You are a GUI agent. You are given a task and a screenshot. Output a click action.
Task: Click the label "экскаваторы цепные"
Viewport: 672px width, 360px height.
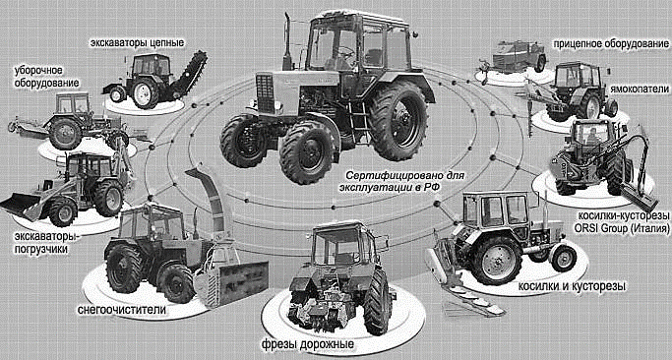tap(137, 43)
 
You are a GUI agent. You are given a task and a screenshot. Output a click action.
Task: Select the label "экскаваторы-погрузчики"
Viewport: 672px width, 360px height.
tap(41, 243)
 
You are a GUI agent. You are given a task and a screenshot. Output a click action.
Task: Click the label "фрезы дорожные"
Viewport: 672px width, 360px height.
tap(308, 345)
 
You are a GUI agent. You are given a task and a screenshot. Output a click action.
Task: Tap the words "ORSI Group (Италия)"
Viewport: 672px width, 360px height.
tap(623, 227)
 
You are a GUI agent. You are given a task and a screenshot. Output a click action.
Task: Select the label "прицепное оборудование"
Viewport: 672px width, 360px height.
tap(611, 44)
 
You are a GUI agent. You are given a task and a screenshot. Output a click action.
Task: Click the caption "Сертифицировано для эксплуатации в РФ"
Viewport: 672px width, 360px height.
tap(402, 182)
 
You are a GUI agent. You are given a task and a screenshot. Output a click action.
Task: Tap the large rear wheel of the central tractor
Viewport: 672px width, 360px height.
tap(399, 120)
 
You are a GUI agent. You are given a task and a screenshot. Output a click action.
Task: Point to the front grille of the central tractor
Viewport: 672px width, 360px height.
tap(265, 93)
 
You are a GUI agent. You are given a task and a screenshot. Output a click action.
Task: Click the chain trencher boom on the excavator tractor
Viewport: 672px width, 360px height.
tap(190, 75)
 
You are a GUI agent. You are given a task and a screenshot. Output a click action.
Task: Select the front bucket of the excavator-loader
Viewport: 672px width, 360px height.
tap(20, 204)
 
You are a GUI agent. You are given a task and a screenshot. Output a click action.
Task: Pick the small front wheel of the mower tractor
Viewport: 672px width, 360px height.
tap(564, 258)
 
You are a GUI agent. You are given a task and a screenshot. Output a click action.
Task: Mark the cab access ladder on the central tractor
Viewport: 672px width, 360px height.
tap(359, 115)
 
